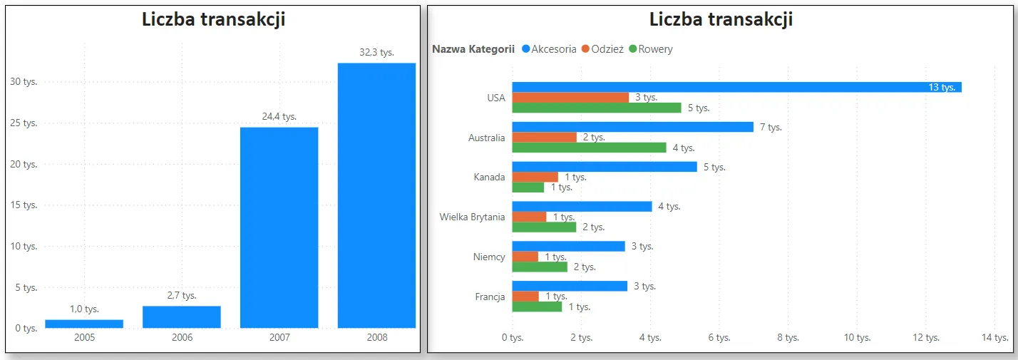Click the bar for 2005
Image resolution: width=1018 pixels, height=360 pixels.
tap(84, 324)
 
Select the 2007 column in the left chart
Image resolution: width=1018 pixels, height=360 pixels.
tap(279, 228)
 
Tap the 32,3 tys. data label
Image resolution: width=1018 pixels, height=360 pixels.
tap(376, 52)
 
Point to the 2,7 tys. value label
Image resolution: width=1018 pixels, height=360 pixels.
tap(182, 295)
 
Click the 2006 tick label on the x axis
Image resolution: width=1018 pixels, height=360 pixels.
tap(182, 337)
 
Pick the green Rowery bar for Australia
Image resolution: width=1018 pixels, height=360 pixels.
tap(589, 148)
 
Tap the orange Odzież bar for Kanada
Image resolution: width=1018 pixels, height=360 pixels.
tap(535, 177)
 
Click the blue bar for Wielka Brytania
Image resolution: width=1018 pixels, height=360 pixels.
tap(582, 207)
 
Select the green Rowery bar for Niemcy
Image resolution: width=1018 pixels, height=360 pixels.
tap(540, 267)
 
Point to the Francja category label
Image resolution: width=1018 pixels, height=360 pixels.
tap(490, 297)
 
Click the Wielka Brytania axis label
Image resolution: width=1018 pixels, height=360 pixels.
tap(473, 217)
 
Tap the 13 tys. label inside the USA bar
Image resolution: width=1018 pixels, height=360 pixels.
tap(942, 87)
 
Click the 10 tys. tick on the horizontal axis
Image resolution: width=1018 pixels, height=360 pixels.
tap(858, 337)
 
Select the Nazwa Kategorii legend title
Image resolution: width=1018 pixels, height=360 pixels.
tap(473, 49)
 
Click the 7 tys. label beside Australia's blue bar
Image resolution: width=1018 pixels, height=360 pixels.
tap(771, 127)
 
